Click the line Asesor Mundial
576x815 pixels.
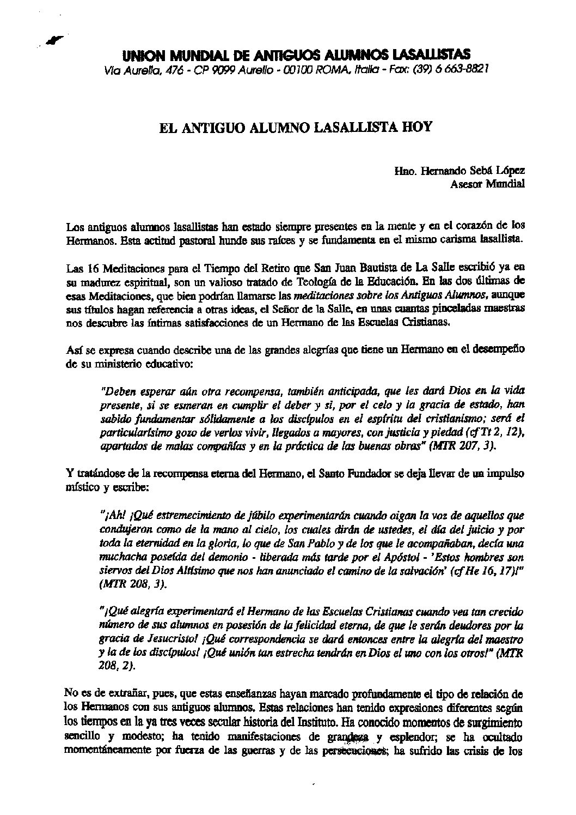(487, 184)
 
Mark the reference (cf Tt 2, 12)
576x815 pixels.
(494, 433)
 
